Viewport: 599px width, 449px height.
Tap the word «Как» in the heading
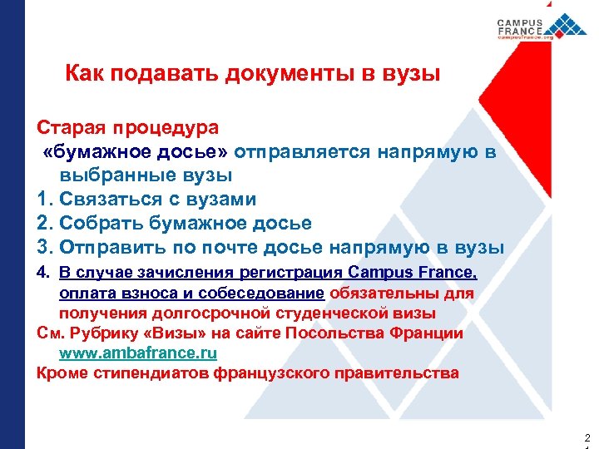[x=83, y=75]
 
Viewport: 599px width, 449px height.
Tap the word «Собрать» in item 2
[x=95, y=224]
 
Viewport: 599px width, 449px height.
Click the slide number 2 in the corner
[x=587, y=437]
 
